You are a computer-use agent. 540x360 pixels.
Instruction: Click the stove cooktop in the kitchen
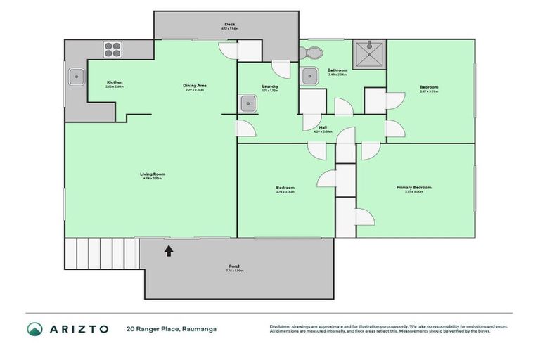coord(112,49)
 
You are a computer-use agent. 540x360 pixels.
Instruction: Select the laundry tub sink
coord(247,104)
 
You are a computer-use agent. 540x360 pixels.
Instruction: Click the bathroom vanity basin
coord(309,76)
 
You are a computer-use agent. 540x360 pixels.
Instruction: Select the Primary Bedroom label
coord(413,188)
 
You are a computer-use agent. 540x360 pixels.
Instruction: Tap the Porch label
coord(234,267)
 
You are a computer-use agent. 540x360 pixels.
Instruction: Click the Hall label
coord(322,128)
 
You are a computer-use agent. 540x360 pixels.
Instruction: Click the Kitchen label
coord(115,83)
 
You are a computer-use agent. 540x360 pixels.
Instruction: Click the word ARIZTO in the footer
coord(78,328)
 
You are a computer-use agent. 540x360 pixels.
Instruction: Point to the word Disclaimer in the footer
coord(281,326)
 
